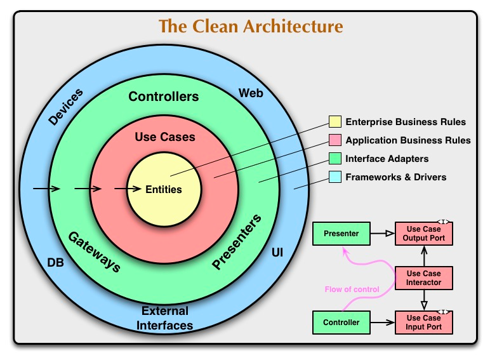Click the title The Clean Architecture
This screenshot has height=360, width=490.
(251, 27)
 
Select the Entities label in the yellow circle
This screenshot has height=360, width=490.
(164, 189)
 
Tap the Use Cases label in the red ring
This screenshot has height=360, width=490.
(165, 137)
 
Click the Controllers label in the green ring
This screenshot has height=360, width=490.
(164, 97)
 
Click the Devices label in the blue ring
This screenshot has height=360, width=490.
(65, 106)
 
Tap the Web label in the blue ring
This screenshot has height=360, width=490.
(251, 93)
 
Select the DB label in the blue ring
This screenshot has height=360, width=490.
(55, 262)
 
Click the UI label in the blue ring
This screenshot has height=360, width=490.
(277, 253)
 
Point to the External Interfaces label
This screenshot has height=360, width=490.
(166, 318)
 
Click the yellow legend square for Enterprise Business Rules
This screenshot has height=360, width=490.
(334, 122)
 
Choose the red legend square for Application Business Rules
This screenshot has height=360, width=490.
(334, 140)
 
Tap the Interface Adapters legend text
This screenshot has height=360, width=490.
(387, 159)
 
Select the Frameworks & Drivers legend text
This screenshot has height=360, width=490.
(395, 177)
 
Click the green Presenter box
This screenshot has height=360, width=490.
(341, 234)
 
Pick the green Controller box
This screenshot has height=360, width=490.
(341, 323)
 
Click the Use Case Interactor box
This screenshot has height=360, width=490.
(423, 278)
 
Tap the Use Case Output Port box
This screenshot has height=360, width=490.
(423, 234)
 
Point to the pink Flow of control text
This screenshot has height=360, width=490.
(352, 290)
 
